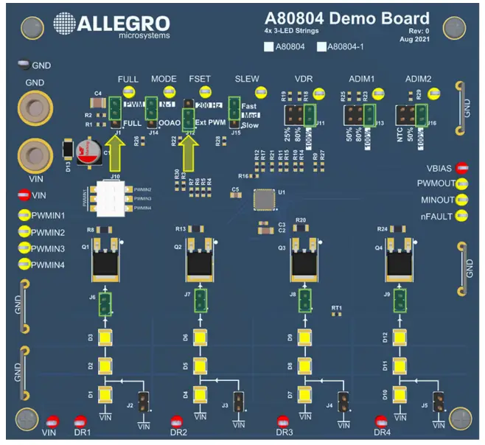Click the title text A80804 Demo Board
(346, 19)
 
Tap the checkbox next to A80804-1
(322, 47)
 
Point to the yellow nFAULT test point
(463, 216)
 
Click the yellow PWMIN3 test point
(24, 248)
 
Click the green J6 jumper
(105, 302)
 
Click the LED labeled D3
(104, 338)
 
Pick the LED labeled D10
(399, 393)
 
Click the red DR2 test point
(176, 422)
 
